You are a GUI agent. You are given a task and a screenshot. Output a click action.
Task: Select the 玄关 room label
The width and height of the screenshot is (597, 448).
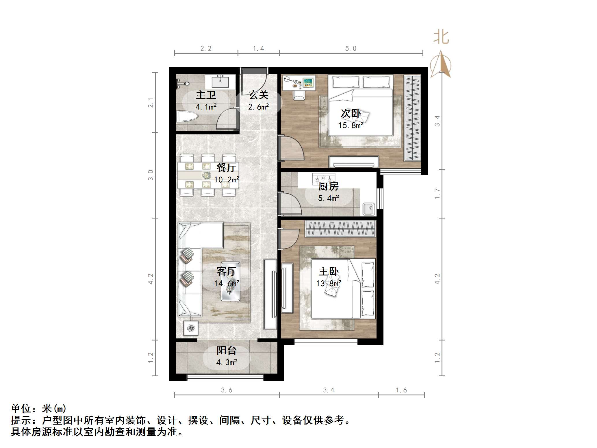coord(259,95)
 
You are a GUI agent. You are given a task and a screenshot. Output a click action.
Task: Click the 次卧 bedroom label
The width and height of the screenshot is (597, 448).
coord(351,113)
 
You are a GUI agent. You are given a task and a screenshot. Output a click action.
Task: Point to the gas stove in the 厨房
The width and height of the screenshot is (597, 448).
coord(323,178)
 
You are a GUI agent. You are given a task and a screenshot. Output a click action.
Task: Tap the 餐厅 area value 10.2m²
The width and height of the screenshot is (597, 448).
coord(227,179)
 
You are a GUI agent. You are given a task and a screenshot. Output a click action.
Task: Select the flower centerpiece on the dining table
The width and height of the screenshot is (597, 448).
coord(206,175)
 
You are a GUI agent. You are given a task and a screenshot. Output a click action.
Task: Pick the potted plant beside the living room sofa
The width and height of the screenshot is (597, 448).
coord(191,328)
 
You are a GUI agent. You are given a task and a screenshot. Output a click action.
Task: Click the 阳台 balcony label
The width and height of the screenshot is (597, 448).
coord(227,350)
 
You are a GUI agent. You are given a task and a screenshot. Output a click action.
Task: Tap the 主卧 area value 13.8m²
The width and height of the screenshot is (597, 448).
coord(329,284)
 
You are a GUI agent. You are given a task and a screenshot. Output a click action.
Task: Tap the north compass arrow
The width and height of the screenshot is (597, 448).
coord(441,64)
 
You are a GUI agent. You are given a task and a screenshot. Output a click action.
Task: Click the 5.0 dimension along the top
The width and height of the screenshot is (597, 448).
coord(351,49)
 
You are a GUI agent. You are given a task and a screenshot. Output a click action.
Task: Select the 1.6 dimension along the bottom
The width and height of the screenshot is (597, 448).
coord(401,390)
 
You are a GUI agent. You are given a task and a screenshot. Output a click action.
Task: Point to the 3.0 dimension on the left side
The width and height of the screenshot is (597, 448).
coord(151,175)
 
